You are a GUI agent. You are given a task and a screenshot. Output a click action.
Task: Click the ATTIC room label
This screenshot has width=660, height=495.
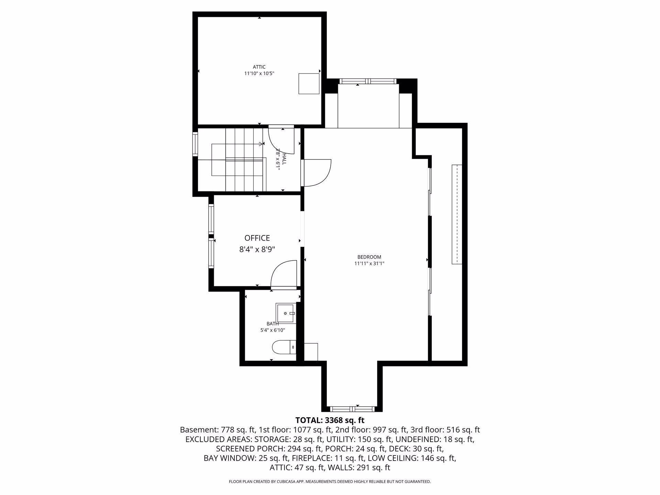pos(259,67)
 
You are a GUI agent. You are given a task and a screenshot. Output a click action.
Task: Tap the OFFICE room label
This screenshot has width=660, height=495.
pos(257,238)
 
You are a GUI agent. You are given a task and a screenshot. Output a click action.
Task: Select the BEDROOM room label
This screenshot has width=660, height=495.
pos(369,257)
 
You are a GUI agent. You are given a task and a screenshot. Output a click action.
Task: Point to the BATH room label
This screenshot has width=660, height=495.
pos(273,323)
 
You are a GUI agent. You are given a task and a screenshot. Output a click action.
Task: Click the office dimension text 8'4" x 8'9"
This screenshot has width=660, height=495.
pos(257,249)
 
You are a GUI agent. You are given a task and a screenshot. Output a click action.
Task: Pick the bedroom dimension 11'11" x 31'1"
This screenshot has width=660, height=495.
pos(369,264)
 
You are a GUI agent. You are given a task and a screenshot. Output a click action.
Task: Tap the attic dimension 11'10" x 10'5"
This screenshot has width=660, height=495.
pos(259,73)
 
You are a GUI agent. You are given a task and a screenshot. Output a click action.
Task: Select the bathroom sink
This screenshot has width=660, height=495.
pos(286,313)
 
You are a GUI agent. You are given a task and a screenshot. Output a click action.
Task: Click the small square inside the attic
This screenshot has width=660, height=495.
pos(309,84)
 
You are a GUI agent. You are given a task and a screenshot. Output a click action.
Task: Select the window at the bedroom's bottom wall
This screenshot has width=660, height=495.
pos(352,409)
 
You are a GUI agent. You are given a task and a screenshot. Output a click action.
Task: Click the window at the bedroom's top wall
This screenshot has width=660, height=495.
pos(368,81)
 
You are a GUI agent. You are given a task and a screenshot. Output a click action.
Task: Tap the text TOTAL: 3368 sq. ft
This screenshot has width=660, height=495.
pos(330,420)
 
